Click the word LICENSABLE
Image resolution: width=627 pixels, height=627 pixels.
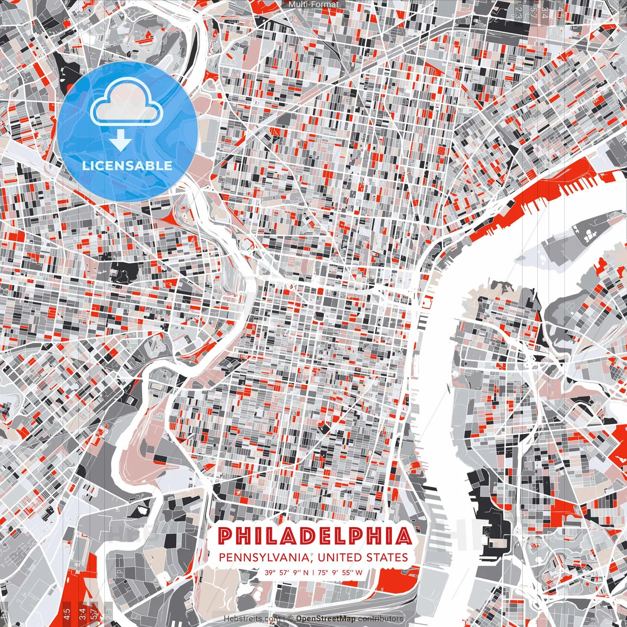[127, 166]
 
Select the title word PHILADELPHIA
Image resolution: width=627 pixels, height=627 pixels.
[314, 536]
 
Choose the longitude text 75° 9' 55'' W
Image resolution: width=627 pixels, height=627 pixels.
[340, 572]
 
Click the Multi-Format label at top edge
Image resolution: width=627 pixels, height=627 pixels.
[313, 4]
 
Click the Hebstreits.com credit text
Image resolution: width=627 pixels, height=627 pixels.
[252, 619]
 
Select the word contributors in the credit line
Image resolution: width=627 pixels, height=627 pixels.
[381, 619]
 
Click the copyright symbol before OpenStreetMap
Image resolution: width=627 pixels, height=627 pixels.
[290, 619]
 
